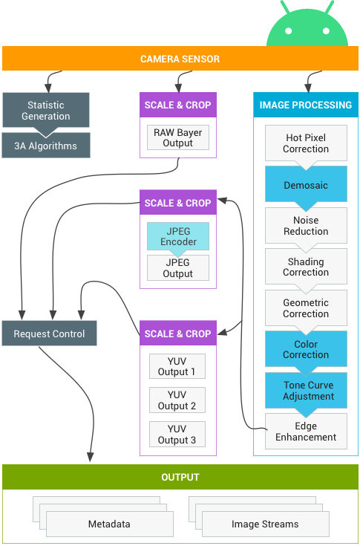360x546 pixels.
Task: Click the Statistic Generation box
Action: point(45,110)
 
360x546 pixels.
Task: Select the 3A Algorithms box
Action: point(46,146)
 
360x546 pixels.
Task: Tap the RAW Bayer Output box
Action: point(178,137)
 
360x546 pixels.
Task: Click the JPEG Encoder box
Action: point(178,236)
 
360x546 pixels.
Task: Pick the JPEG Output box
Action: point(178,267)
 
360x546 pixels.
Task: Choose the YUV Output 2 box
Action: point(177,400)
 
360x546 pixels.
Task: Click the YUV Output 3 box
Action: point(177,435)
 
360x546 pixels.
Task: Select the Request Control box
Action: point(49,334)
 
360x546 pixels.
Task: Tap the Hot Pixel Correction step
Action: point(306,143)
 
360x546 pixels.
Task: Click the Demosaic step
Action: point(306,184)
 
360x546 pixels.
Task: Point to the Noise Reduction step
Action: point(306,226)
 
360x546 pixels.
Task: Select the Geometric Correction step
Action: point(306,308)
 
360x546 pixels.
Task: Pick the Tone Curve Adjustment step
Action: point(306,390)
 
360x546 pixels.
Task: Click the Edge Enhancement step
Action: point(306,431)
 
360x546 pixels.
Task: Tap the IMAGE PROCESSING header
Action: point(306,105)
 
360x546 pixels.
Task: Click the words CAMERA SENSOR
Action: point(180,59)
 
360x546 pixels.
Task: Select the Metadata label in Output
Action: point(109,524)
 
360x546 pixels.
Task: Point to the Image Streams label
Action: point(265,524)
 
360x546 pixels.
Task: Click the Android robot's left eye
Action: point(288,31)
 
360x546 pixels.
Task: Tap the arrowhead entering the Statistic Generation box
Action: point(48,88)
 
